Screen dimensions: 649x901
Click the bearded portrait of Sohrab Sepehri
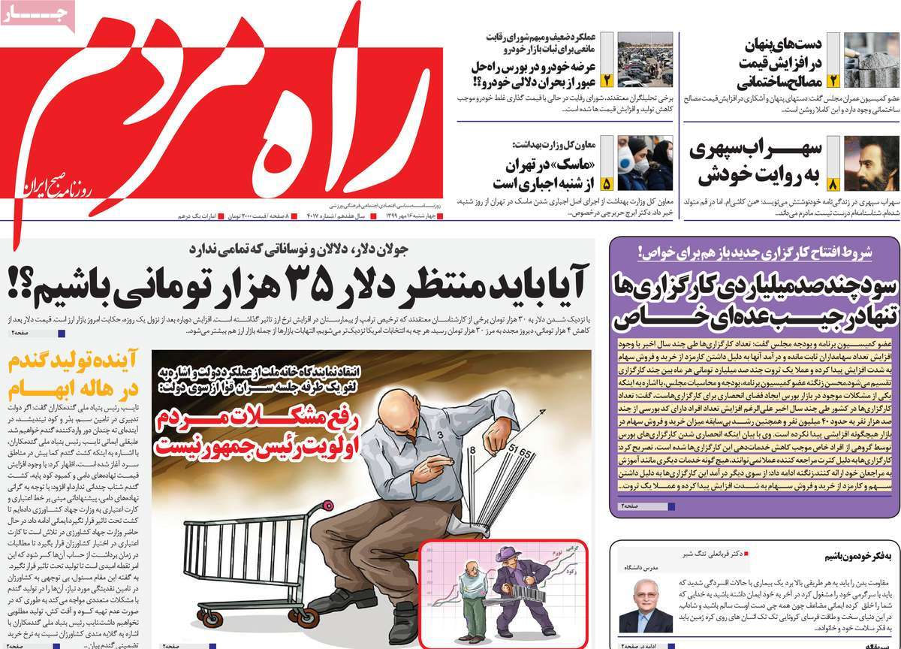tap(872, 163)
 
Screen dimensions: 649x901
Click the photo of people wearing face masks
tap(645, 163)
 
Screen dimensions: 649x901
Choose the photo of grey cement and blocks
tap(872, 60)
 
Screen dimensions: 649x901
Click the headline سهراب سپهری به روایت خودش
tap(758, 162)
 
